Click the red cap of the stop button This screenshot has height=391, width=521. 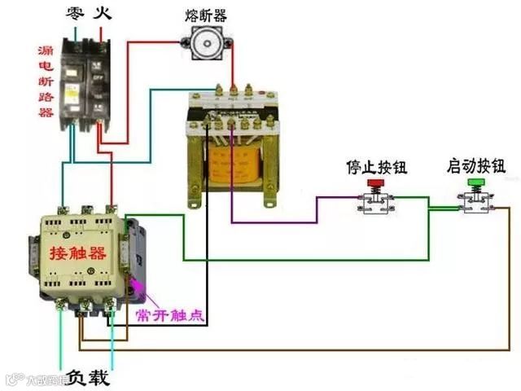375,185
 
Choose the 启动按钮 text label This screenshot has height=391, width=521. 476,167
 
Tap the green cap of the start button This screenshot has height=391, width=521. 475,185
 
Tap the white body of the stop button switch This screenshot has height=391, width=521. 375,204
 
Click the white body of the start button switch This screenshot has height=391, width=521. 475,204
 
